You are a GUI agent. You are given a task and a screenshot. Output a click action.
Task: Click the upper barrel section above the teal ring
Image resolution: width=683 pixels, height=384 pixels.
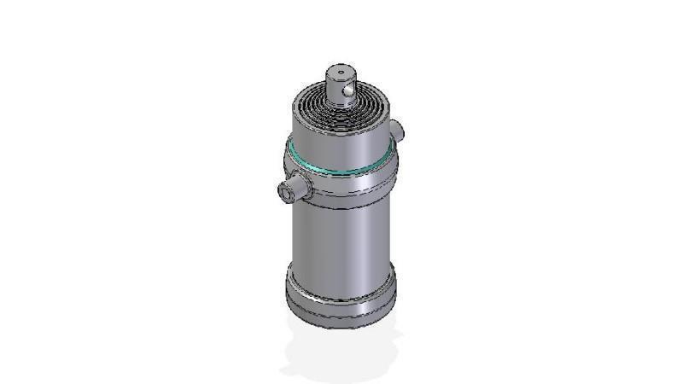(x=340, y=141)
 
